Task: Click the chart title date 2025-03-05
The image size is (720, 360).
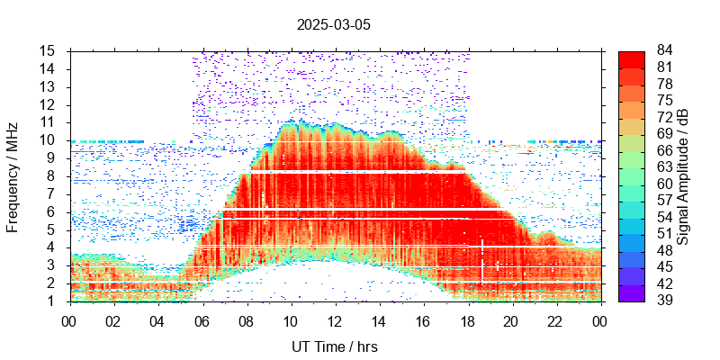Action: click(x=333, y=24)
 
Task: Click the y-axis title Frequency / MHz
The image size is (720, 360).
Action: click(x=13, y=175)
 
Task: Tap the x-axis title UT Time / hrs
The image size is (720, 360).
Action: click(x=333, y=346)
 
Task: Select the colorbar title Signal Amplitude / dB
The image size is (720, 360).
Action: click(x=683, y=176)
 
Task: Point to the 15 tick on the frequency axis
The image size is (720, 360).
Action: click(x=49, y=50)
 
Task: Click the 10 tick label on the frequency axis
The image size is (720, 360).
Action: click(x=49, y=139)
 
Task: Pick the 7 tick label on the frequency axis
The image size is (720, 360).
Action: click(x=52, y=193)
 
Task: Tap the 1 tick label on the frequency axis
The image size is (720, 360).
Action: click(x=52, y=301)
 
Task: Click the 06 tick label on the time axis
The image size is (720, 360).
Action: click(x=202, y=319)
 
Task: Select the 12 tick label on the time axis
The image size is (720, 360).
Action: click(x=335, y=319)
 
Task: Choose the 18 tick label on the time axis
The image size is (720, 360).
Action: click(x=467, y=319)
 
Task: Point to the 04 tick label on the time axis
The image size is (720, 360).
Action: click(x=157, y=319)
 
